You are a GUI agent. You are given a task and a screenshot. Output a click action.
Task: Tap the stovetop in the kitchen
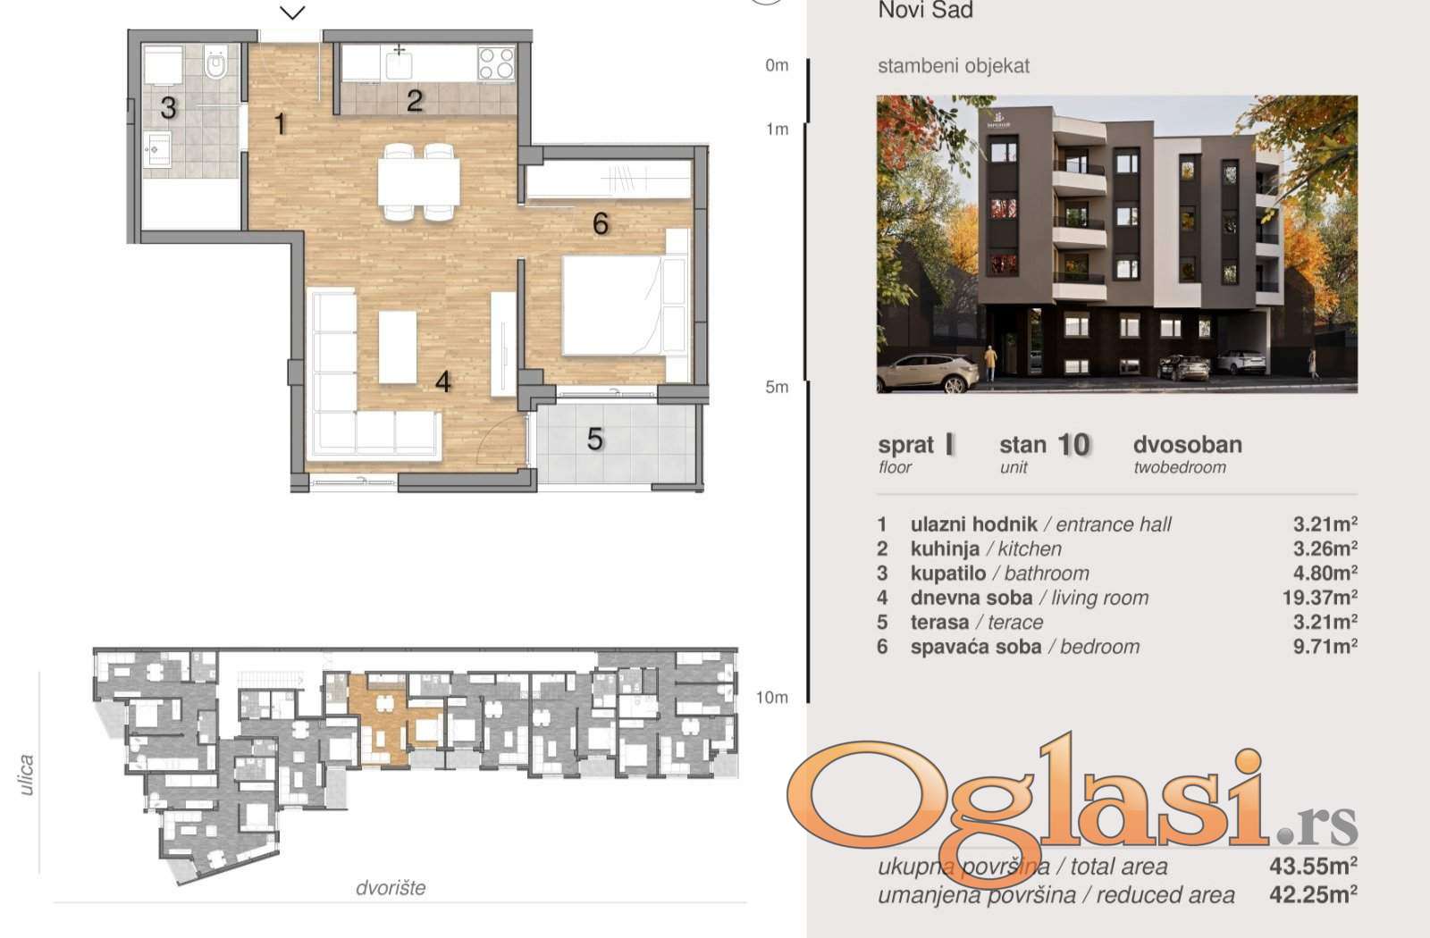tap(496, 63)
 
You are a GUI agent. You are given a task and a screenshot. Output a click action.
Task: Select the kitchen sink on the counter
tap(399, 64)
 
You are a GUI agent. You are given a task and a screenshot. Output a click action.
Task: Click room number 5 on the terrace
tap(595, 439)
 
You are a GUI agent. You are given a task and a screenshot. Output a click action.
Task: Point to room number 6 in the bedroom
tap(600, 223)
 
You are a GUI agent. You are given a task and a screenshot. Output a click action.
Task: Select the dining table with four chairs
tap(419, 182)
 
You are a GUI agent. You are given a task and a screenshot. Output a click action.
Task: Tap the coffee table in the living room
tap(398, 348)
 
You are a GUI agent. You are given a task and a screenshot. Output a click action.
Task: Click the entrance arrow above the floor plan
tap(292, 13)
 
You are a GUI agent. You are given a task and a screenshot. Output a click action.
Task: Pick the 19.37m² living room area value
tap(1319, 598)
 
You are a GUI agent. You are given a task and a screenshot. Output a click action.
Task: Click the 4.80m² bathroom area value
tap(1325, 573)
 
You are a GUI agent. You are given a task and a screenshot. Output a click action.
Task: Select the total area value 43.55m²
tap(1313, 866)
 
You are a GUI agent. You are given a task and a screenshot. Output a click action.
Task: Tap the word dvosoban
tap(1188, 444)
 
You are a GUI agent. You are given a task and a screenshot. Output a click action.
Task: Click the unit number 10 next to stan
tap(1073, 445)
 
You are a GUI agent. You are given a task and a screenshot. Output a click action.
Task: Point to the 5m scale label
tap(777, 387)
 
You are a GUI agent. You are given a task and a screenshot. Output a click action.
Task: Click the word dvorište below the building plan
tap(390, 888)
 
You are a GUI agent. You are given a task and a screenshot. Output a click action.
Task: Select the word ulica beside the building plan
tap(26, 775)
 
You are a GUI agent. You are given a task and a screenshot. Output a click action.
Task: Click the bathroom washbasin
tap(156, 150)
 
